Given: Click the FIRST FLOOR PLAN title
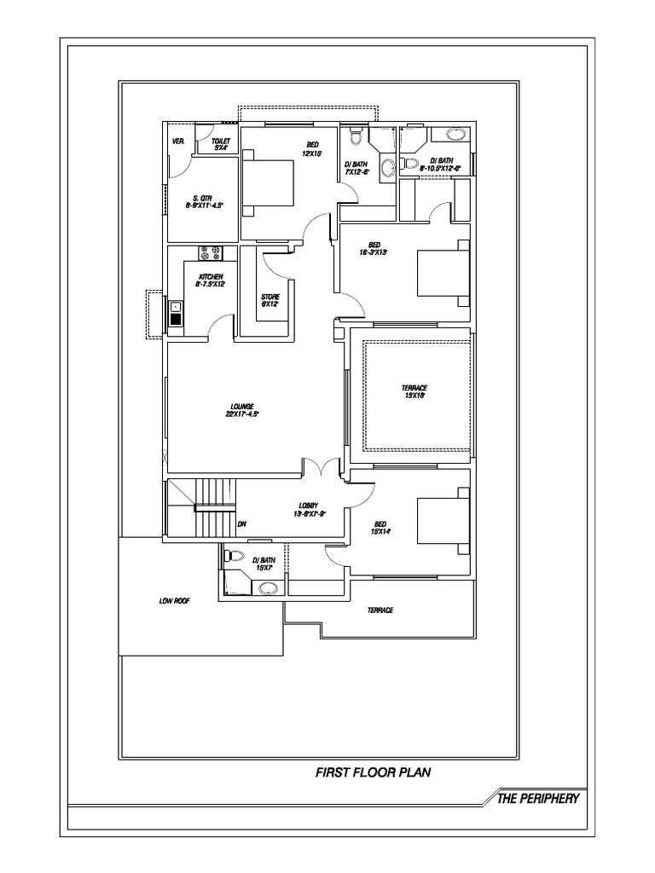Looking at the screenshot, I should [374, 773].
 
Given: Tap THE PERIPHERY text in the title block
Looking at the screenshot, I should [539, 799].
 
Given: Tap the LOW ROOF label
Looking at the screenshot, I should [174, 601].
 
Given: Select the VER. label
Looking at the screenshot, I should [179, 141].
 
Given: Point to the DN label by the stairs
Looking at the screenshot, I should [242, 523].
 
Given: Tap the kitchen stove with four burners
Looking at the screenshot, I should [212, 253].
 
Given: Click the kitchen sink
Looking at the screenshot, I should [176, 313].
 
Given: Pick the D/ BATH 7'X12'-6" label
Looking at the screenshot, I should [356, 168].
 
